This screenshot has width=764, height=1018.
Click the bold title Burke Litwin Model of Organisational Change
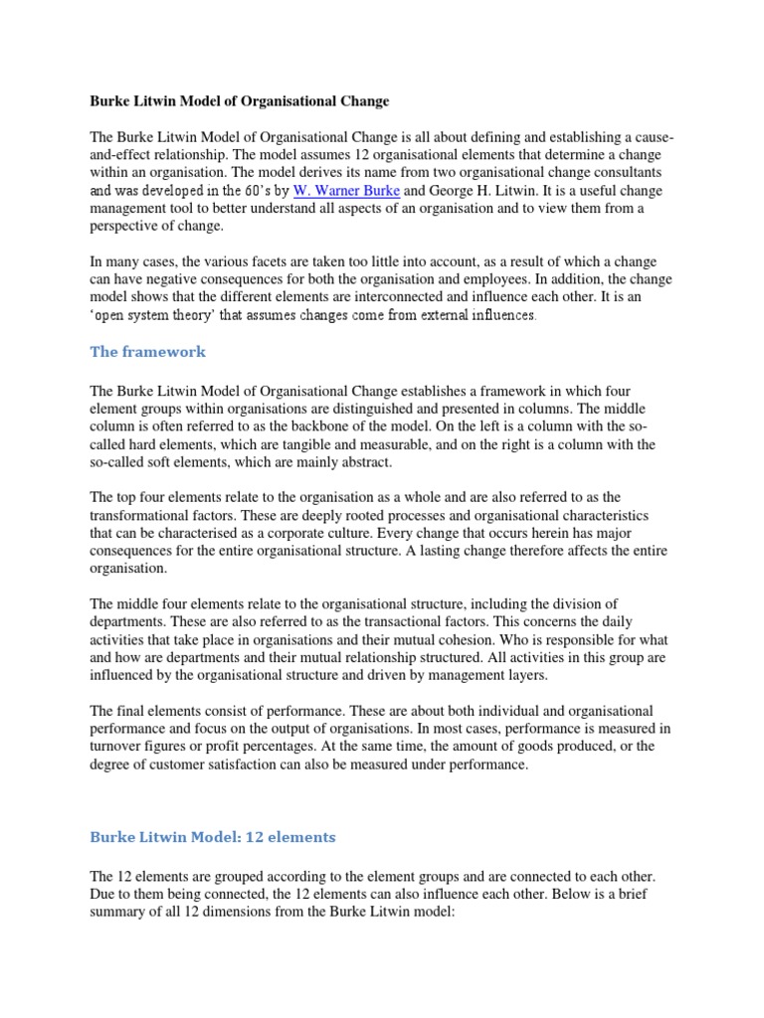click(240, 100)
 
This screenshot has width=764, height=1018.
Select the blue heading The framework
click(149, 353)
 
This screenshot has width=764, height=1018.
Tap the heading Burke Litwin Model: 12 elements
click(213, 837)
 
